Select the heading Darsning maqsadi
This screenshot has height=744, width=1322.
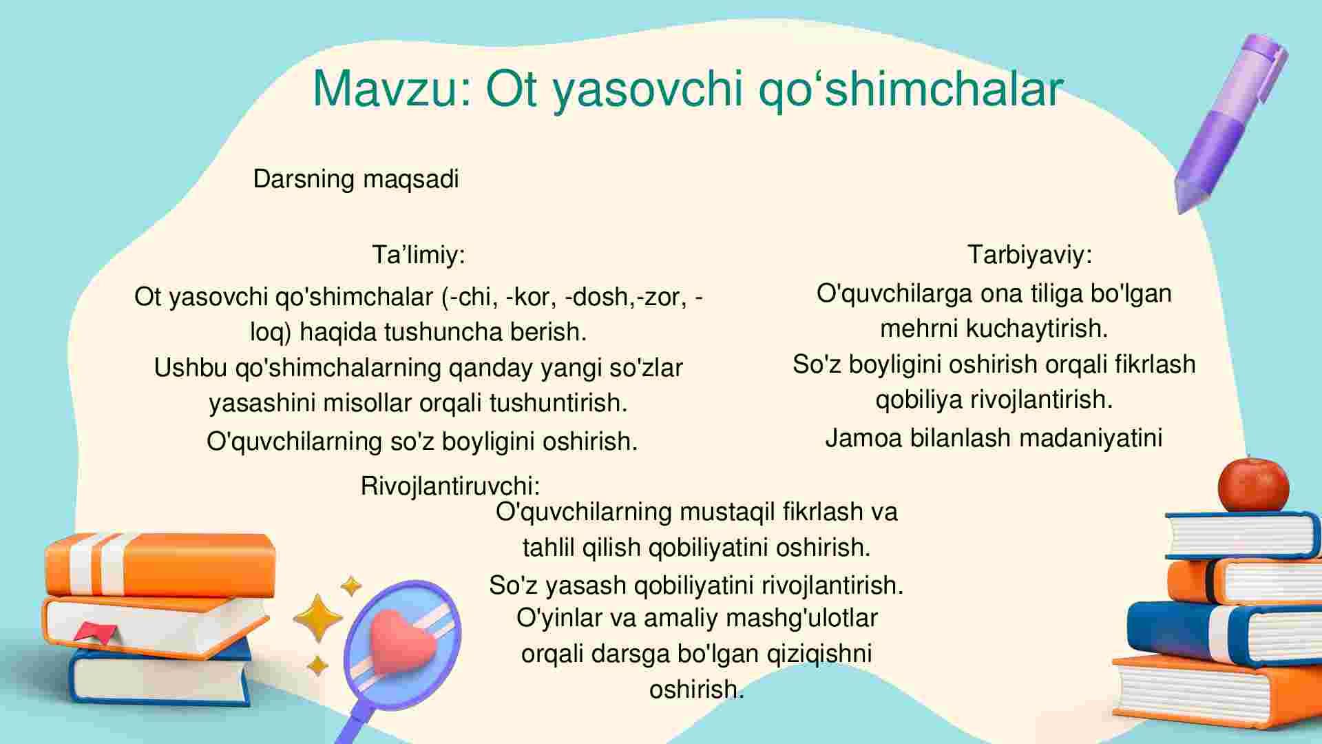(x=356, y=179)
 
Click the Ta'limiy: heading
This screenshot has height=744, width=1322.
(x=419, y=255)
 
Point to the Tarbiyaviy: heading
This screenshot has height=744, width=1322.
(x=1029, y=255)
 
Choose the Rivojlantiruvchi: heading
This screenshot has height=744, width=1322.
(x=450, y=486)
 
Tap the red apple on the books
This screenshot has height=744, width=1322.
(x=1253, y=484)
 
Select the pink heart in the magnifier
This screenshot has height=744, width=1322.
(x=402, y=645)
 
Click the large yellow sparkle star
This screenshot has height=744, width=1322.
(x=317, y=617)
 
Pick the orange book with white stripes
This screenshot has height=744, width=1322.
(x=160, y=565)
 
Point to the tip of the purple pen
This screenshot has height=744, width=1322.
(x=1179, y=210)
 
